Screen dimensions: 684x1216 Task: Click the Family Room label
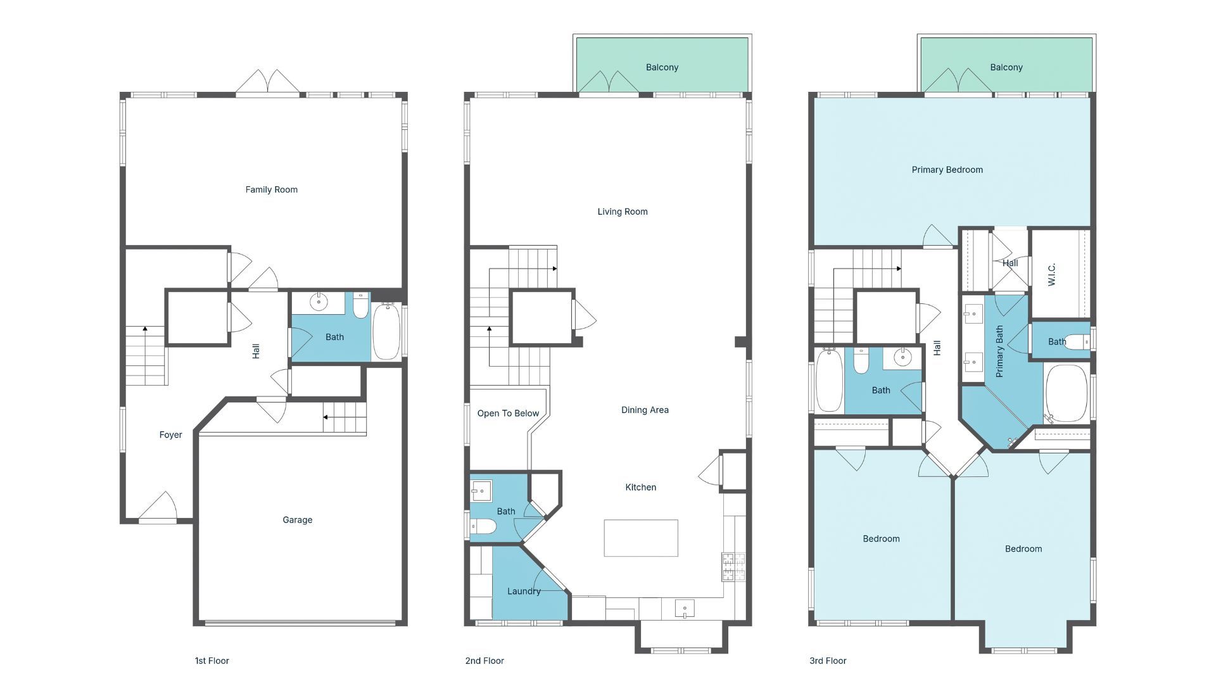click(271, 189)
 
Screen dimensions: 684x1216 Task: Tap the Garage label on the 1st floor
click(297, 520)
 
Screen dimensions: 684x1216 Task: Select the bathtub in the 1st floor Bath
click(386, 332)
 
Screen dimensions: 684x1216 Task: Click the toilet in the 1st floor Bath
click(360, 305)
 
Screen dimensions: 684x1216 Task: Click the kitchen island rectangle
click(640, 538)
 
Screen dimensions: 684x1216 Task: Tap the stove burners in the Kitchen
click(733, 567)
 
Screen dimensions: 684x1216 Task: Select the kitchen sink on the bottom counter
click(684, 609)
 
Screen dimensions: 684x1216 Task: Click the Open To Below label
click(508, 414)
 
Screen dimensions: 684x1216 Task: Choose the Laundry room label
click(524, 592)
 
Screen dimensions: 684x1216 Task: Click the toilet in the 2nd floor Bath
click(483, 526)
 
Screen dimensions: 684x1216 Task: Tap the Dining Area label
click(645, 410)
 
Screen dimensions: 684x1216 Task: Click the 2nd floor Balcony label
click(662, 67)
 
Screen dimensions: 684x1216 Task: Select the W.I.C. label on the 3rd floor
click(1052, 274)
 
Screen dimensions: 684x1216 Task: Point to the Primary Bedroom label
click(947, 170)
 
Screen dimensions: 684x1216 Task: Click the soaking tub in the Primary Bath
click(1066, 393)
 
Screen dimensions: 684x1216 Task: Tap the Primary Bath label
click(999, 351)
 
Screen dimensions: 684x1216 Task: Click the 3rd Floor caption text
click(827, 661)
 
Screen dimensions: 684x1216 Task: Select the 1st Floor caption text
click(212, 661)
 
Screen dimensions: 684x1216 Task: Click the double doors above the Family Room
click(268, 82)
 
